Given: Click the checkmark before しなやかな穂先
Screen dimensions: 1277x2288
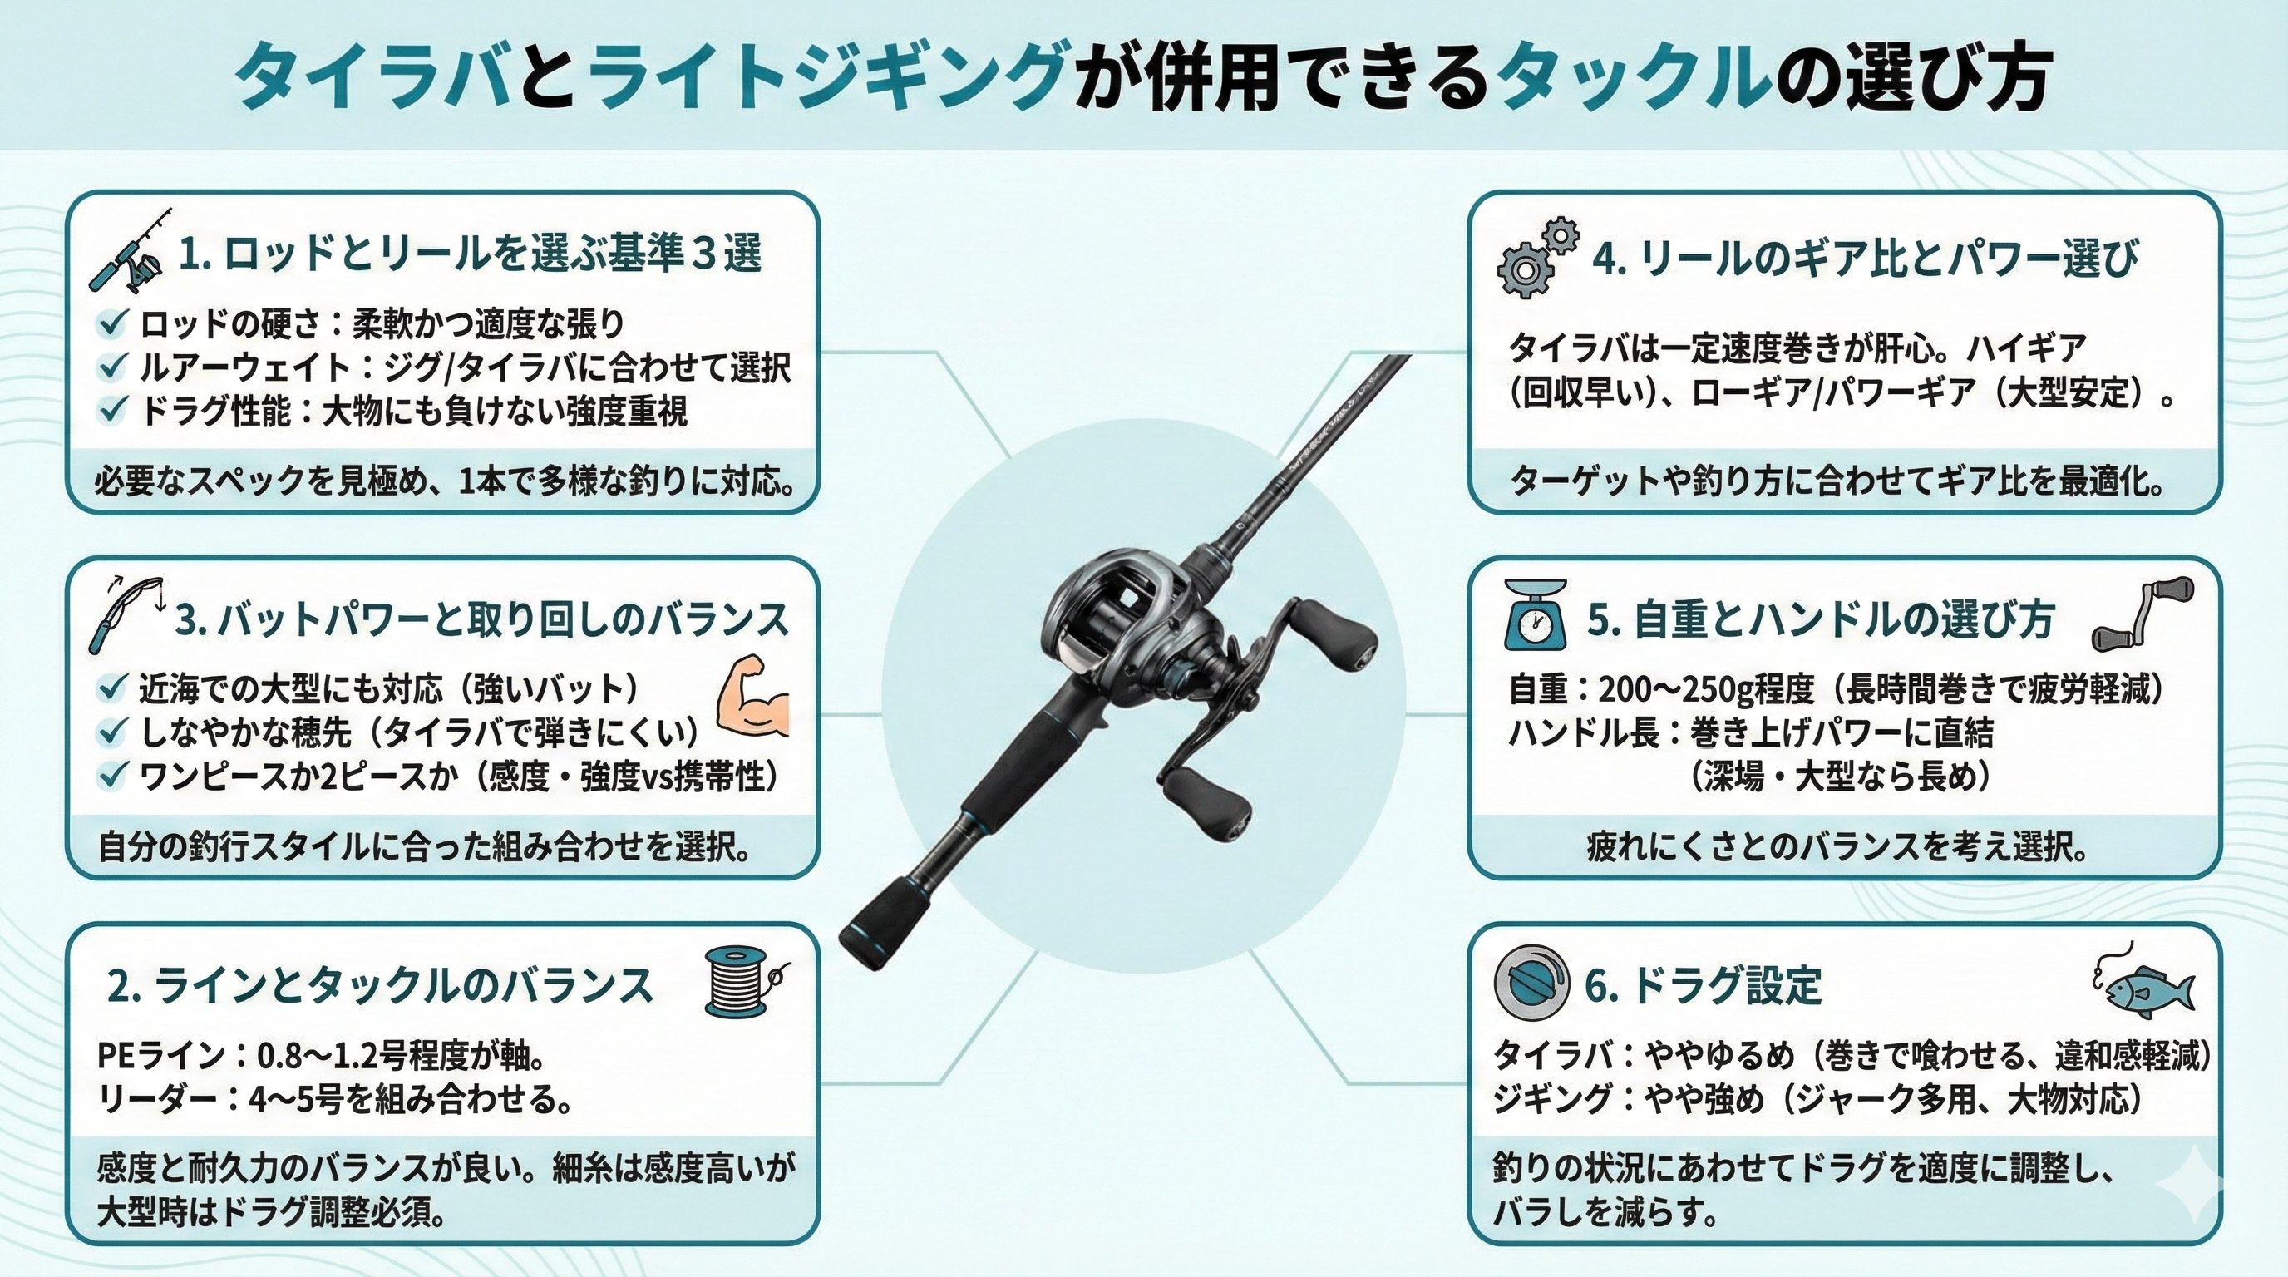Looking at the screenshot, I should coord(113,732).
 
